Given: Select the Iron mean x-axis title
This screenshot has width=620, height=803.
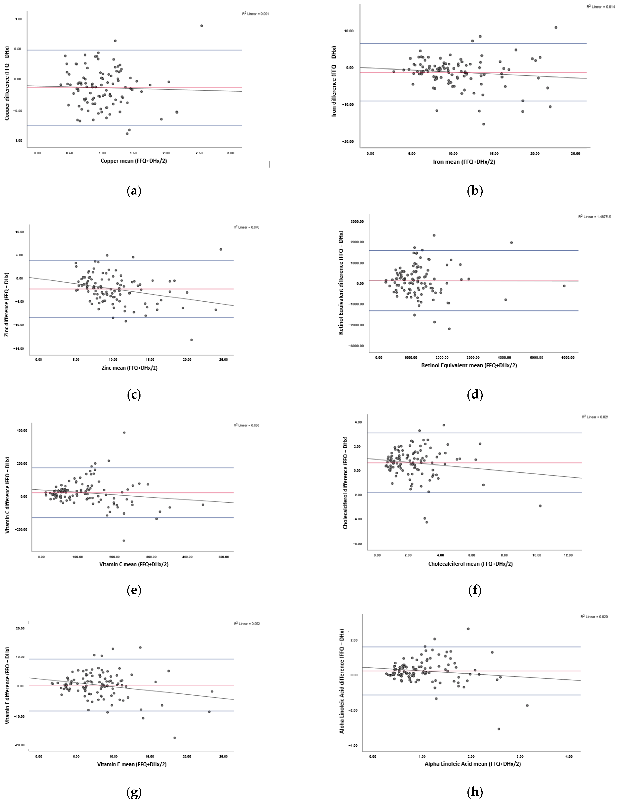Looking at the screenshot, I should (464, 162).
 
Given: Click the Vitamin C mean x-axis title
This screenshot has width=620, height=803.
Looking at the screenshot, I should (134, 564).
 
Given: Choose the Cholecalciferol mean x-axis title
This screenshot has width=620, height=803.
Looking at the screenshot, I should (470, 564).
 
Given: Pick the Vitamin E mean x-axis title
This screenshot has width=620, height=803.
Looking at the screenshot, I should (132, 764).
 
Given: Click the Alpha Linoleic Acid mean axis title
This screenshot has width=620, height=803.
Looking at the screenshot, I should (473, 764).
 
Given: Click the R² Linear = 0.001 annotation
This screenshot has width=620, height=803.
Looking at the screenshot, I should (255, 14).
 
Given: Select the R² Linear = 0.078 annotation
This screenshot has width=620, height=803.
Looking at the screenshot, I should (246, 227).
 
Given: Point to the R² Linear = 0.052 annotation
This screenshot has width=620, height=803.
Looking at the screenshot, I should (247, 624).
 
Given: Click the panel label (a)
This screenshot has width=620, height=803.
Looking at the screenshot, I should (134, 191).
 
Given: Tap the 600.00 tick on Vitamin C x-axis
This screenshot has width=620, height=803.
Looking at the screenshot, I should (223, 557).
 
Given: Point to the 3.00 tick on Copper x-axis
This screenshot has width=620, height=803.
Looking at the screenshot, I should (231, 153).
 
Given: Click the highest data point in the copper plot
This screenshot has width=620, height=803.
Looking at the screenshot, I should (201, 26).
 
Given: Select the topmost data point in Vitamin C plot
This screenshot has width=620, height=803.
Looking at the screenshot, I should (124, 433).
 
